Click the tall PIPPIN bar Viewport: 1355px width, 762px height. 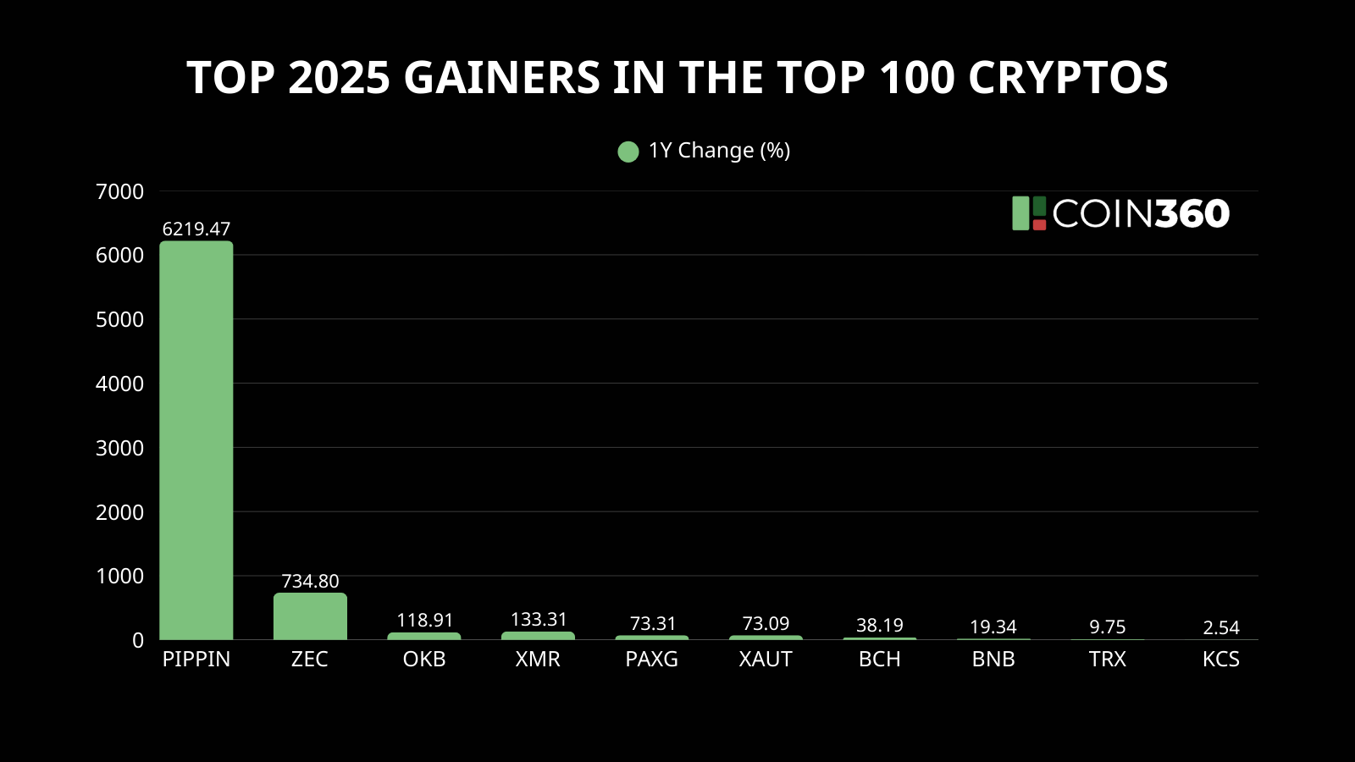[196, 440]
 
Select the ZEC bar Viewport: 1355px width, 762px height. [310, 616]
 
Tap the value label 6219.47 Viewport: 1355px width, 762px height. [196, 229]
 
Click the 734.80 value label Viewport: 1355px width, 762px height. [310, 581]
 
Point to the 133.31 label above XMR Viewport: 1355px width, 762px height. [539, 619]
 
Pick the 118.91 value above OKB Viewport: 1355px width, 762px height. [424, 620]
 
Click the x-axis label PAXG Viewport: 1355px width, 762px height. [651, 659]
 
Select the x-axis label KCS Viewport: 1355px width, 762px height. [1220, 659]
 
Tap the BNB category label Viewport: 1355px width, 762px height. [993, 659]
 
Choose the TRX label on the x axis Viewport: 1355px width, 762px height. [1107, 659]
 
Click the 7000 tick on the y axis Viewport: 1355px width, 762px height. [119, 191]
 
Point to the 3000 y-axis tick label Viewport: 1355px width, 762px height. [119, 448]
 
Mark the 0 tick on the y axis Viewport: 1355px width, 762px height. [138, 641]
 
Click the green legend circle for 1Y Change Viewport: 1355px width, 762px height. [628, 152]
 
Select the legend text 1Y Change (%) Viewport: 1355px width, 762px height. [719, 151]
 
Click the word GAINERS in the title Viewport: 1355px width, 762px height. [501, 78]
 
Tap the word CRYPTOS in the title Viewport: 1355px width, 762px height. [1068, 78]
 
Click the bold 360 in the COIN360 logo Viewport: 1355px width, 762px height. [1192, 213]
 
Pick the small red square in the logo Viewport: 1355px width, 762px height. [1039, 224]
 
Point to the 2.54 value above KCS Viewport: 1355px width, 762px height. [1220, 627]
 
